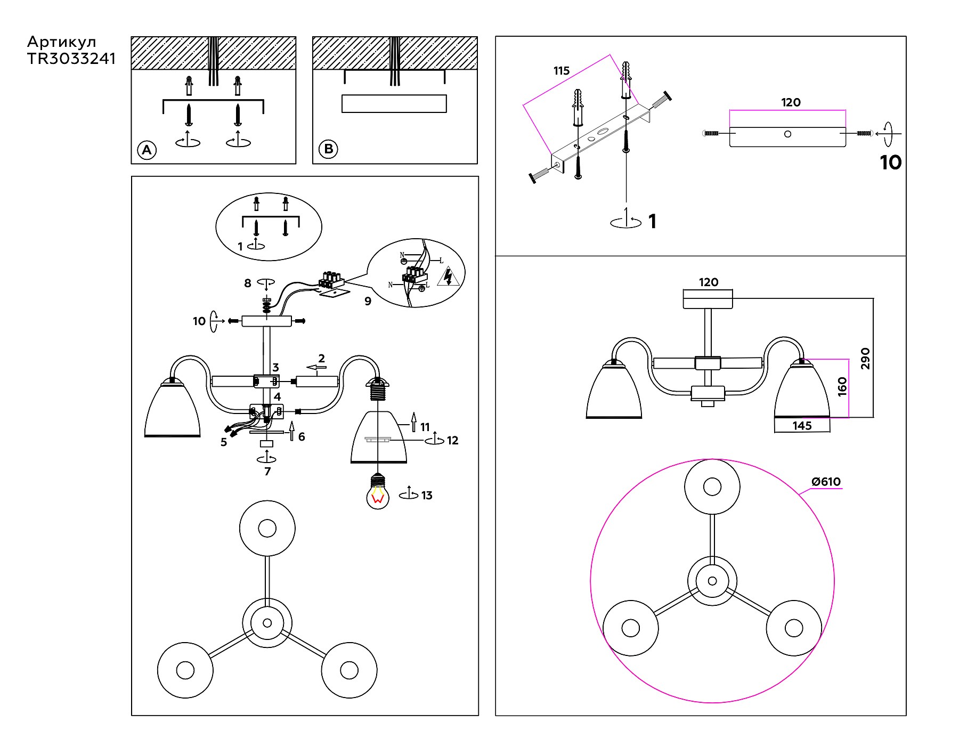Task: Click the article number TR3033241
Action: click(71, 59)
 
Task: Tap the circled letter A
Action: click(147, 150)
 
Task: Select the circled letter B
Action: click(328, 149)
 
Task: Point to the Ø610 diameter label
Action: click(826, 482)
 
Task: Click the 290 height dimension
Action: click(865, 358)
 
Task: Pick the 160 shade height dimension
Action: click(842, 387)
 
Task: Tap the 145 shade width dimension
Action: click(802, 425)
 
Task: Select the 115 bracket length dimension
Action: click(562, 71)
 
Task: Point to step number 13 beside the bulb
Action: click(427, 496)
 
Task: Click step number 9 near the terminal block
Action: click(368, 301)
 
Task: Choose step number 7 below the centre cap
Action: click(267, 471)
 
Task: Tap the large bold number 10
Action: click(891, 163)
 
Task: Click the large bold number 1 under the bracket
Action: click(653, 222)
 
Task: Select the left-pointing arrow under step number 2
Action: click(317, 368)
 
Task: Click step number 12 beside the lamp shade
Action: click(452, 441)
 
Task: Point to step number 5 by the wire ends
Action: click(224, 442)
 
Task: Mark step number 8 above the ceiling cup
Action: click(248, 283)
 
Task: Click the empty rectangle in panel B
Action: click(394, 103)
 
